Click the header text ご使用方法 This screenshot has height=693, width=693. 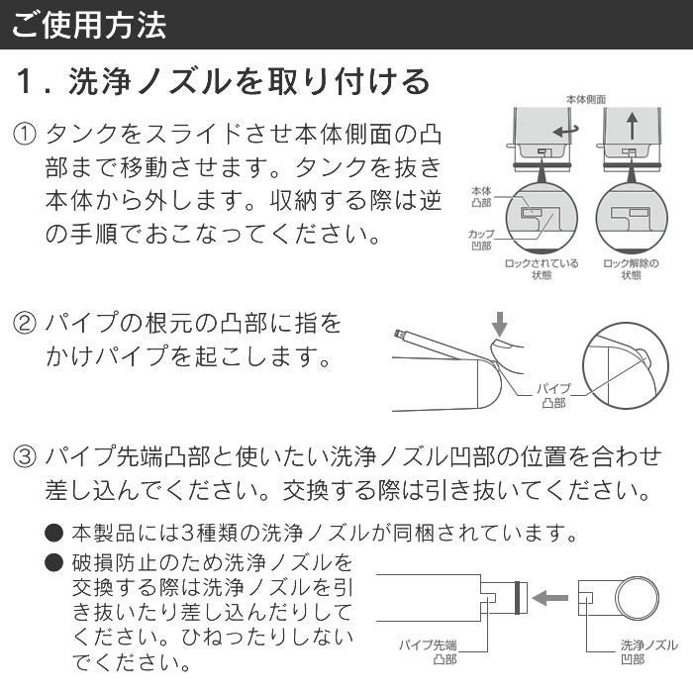(x=88, y=25)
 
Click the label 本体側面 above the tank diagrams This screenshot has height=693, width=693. (x=585, y=100)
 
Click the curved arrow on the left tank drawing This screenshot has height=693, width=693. (x=564, y=130)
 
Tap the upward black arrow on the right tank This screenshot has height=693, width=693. (x=631, y=127)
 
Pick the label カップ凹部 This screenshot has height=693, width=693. (x=482, y=238)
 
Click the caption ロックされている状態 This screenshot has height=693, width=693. (x=542, y=269)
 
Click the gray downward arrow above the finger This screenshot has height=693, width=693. (x=499, y=324)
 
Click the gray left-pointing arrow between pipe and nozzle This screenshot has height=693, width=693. (x=550, y=598)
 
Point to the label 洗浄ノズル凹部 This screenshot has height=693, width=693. (x=642, y=650)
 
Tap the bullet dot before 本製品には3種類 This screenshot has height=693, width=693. (x=54, y=534)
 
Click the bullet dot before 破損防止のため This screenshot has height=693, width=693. (x=54, y=563)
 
